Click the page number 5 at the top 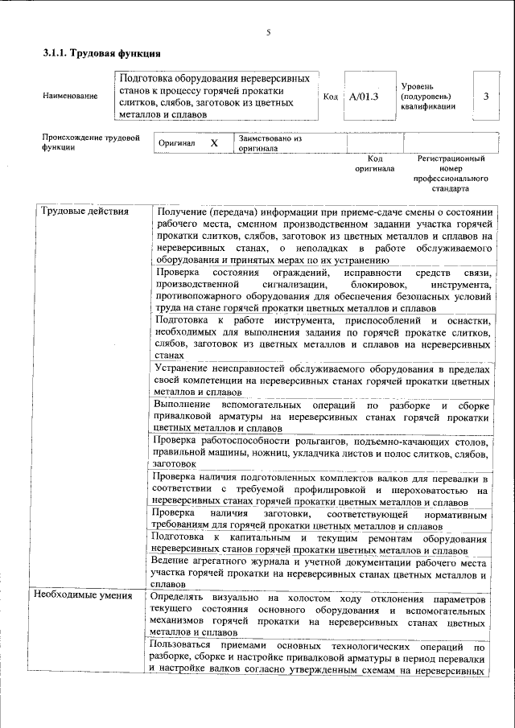pyautogui.click(x=268, y=32)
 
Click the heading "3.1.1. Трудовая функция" pyautogui.click(x=101, y=54)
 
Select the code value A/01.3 pyautogui.click(x=364, y=97)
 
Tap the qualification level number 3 pyautogui.click(x=485, y=97)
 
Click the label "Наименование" pyautogui.click(x=70, y=97)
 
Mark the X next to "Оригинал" pyautogui.click(x=214, y=142)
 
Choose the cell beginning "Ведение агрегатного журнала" pyautogui.click(x=321, y=571)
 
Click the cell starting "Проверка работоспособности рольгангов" pyautogui.click(x=321, y=452)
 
